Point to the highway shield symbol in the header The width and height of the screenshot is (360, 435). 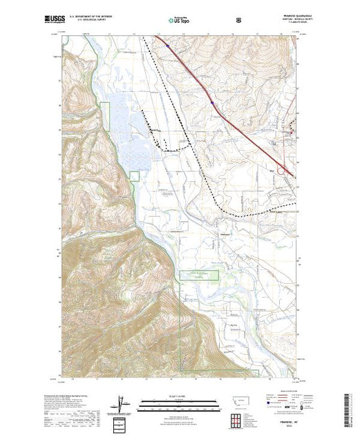click(238, 21)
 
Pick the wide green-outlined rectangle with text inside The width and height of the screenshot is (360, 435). click(200, 275)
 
